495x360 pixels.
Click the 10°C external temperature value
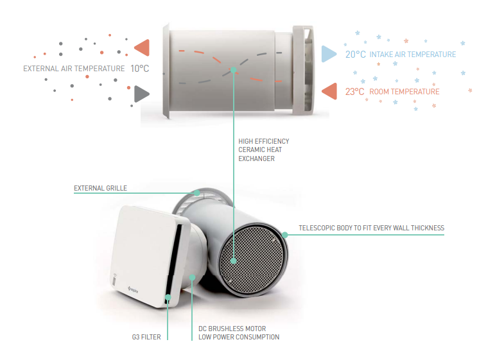pos(139,69)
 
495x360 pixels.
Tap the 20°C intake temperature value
pos(355,55)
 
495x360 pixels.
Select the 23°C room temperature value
pos(354,92)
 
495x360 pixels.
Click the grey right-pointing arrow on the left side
pos(141,94)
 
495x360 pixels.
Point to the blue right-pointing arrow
pos(329,54)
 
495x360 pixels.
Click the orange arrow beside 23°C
pos(329,91)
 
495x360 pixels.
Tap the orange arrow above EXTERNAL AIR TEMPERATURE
pos(142,47)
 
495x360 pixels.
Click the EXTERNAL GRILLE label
pos(100,189)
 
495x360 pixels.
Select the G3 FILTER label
pos(146,338)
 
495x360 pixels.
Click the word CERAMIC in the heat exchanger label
pos(249,150)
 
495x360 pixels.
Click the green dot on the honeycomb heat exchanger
pos(233,261)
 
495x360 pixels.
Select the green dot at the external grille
pos(197,193)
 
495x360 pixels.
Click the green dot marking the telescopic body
pos(285,235)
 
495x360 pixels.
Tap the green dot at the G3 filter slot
pos(168,297)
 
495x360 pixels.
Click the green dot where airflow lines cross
pos(233,70)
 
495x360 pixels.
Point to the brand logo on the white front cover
pos(133,289)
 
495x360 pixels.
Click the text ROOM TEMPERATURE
pos(404,92)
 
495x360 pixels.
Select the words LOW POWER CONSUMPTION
pos(239,338)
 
